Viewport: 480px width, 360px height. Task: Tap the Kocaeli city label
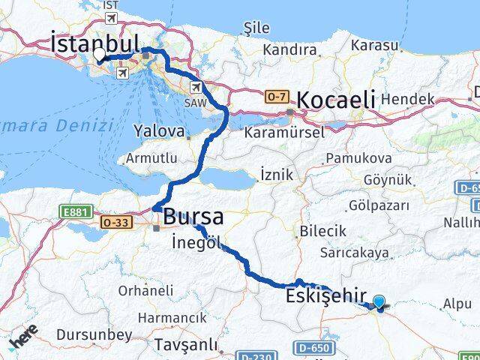point(334,100)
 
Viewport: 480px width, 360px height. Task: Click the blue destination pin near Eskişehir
point(379,302)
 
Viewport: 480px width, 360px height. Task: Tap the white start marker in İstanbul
point(99,55)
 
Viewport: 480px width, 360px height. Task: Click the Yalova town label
point(159,131)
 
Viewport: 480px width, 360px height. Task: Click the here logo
point(24,338)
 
